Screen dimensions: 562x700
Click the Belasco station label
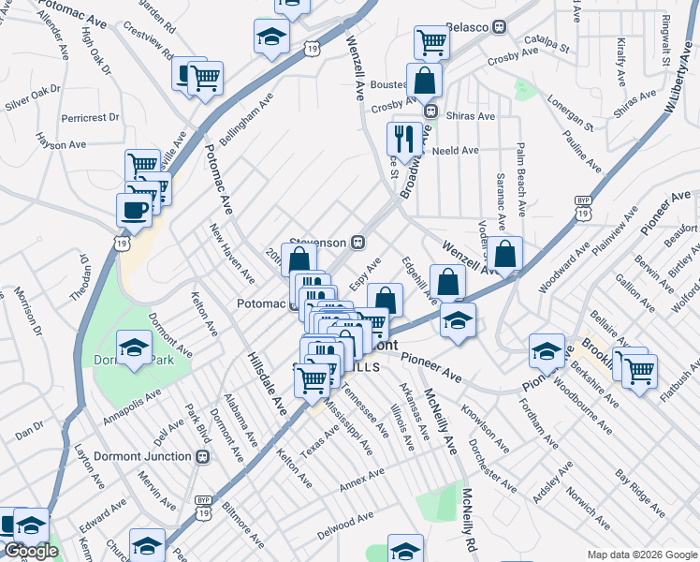(x=468, y=26)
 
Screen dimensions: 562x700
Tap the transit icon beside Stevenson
(x=357, y=242)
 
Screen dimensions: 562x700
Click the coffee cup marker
(x=134, y=209)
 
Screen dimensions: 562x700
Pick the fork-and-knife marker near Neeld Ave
(x=404, y=139)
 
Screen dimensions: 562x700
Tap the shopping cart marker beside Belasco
(x=431, y=40)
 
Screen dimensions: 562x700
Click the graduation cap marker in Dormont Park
(x=134, y=347)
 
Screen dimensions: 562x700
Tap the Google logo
(x=31, y=552)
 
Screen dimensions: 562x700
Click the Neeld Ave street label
(x=455, y=150)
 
